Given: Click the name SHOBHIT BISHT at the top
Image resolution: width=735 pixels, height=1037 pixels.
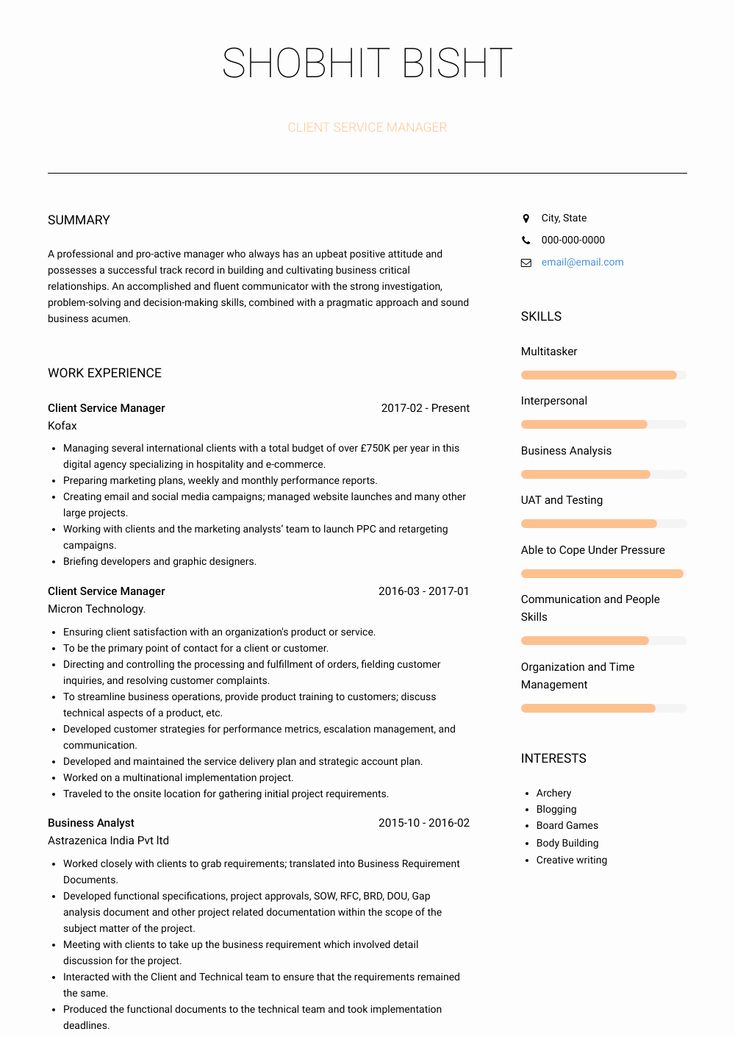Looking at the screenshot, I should [x=367, y=64].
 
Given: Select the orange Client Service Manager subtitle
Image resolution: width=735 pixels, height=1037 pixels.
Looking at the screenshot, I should [x=367, y=128].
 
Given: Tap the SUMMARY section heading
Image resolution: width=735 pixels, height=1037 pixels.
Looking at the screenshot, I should [x=79, y=220].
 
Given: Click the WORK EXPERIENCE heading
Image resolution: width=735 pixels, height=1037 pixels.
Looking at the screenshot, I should [x=104, y=373].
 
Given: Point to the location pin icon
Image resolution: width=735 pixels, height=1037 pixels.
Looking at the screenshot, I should [x=526, y=218].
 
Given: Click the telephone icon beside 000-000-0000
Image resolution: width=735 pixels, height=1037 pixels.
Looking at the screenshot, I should [x=526, y=240].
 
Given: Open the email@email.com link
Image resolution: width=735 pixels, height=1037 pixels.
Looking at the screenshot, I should [x=582, y=262].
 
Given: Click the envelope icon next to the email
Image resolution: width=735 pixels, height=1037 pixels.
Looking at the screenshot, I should [x=526, y=263].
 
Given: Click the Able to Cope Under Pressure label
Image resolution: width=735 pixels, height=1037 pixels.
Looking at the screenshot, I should [x=592, y=550].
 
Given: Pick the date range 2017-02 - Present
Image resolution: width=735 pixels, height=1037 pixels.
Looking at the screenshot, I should [x=425, y=408].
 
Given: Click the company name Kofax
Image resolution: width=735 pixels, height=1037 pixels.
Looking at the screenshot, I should [x=62, y=426].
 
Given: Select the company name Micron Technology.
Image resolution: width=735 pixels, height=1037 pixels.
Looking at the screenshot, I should [x=96, y=609].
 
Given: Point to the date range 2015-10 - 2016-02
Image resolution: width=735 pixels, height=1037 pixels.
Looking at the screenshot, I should [x=423, y=823].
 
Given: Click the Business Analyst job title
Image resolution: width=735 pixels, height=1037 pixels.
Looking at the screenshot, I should [x=91, y=823].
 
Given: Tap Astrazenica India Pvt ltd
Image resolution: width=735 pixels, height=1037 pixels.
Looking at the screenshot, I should [x=108, y=841].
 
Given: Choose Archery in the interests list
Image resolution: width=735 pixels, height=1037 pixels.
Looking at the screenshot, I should [x=553, y=793].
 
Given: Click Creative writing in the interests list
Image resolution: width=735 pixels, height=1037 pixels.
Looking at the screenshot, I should [x=571, y=860].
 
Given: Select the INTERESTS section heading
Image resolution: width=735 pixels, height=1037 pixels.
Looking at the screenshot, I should [x=553, y=759].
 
